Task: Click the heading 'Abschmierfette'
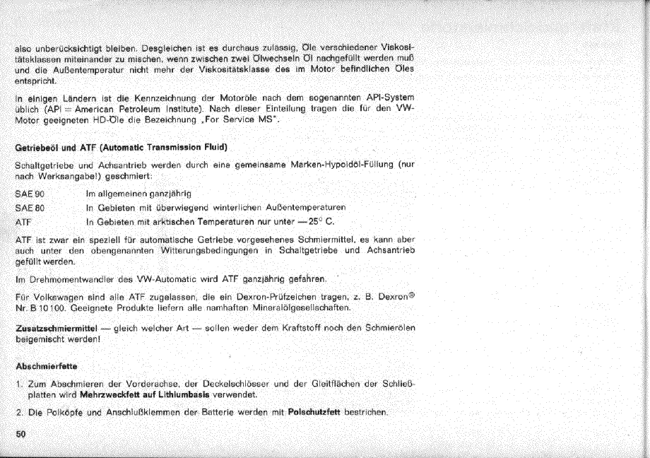[x=47, y=366]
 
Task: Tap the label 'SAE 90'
[x=30, y=193]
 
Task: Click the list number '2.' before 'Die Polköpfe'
[x=18, y=412]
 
